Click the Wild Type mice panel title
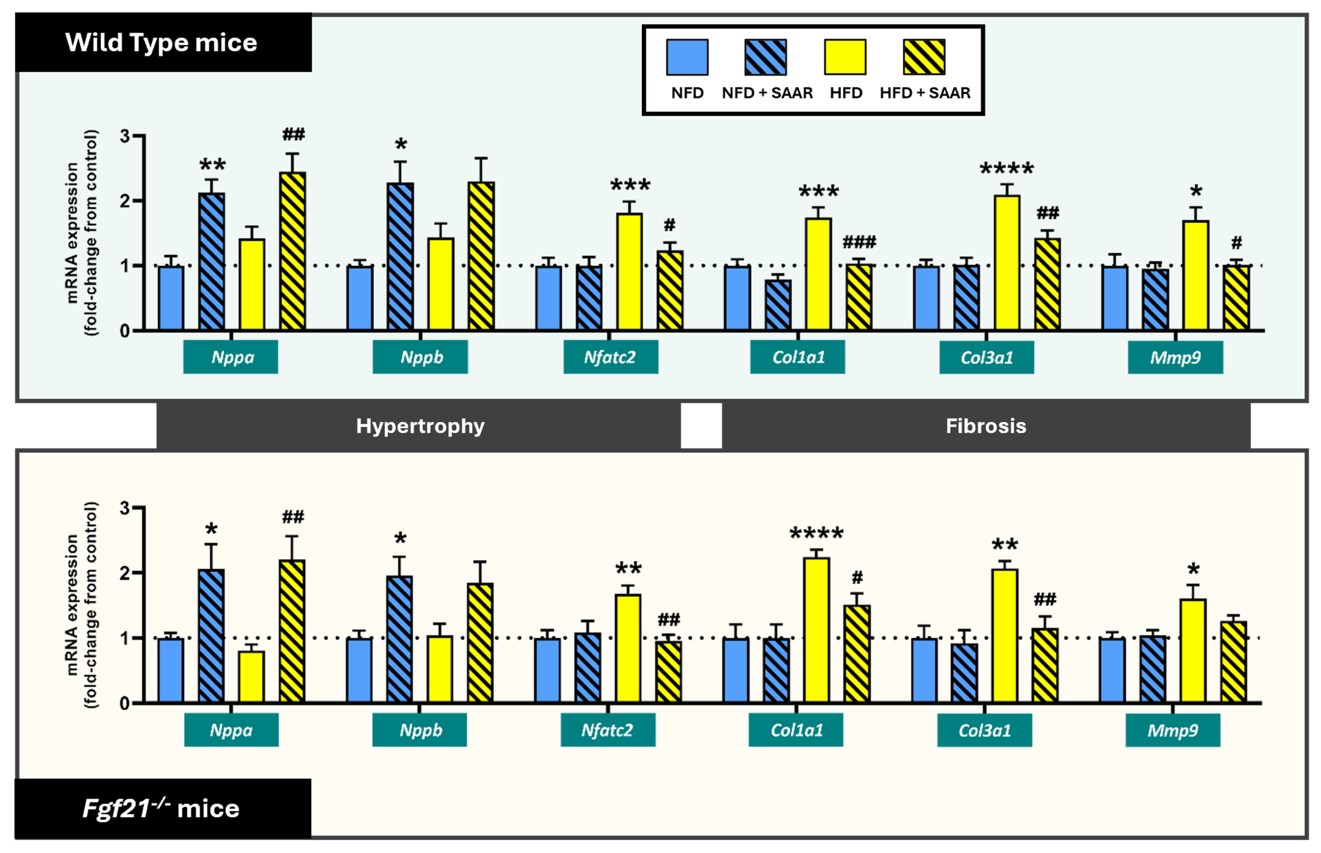point(161,43)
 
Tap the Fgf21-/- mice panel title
point(161,809)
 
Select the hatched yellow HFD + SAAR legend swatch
point(924,57)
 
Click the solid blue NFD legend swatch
point(687,57)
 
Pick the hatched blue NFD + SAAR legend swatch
point(765,57)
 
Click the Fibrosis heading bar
point(986,426)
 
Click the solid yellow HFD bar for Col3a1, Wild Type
point(1007,263)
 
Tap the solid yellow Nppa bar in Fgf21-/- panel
point(252,677)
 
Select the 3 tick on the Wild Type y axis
point(126,136)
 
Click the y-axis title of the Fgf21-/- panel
point(82,605)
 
